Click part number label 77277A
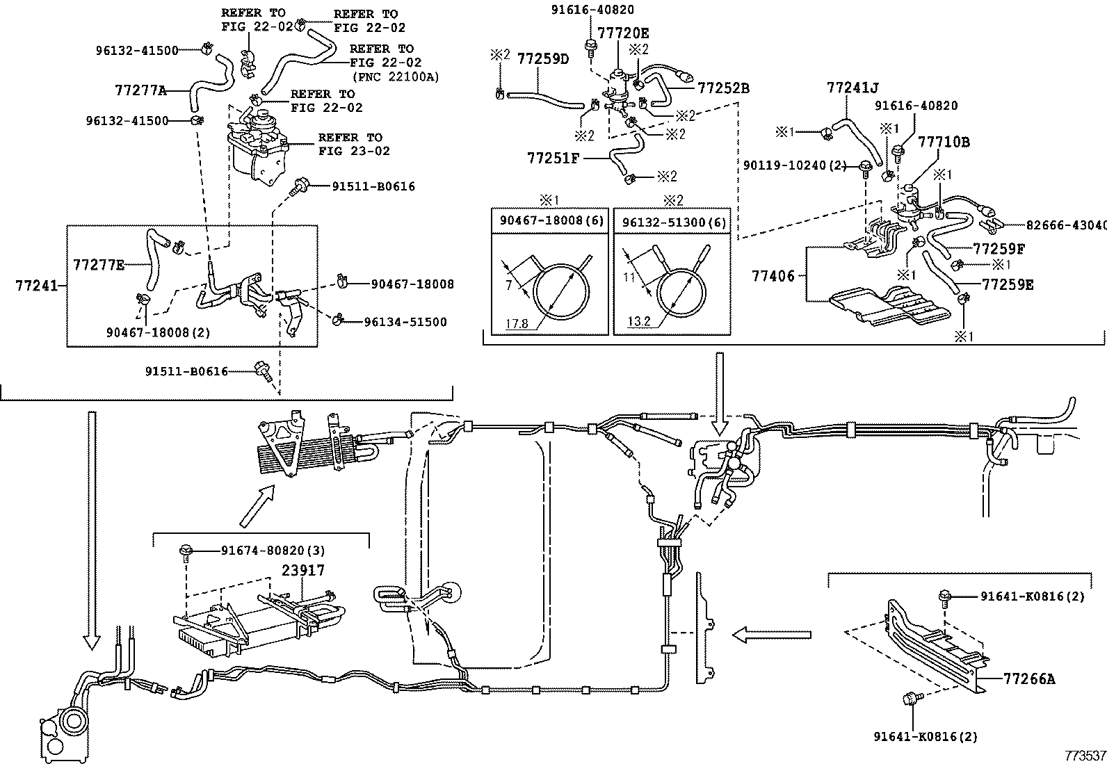point(140,90)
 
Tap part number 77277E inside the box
point(99,264)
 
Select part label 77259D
point(542,59)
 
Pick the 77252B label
point(723,88)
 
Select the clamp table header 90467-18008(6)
point(551,221)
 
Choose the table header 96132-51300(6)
point(673,221)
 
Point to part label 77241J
point(853,88)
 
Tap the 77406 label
point(773,275)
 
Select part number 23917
point(302,570)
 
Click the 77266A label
point(1029,678)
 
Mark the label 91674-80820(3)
point(273,550)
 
